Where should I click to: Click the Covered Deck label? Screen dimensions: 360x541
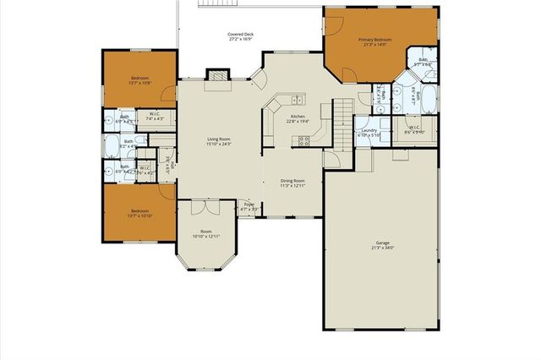241,35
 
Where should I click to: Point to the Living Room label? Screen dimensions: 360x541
219,139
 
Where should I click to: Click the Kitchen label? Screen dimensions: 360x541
298,117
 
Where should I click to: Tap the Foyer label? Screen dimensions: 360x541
249,204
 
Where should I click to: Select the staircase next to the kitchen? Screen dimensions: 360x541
342,123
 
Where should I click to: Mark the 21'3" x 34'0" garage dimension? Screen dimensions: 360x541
382,248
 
